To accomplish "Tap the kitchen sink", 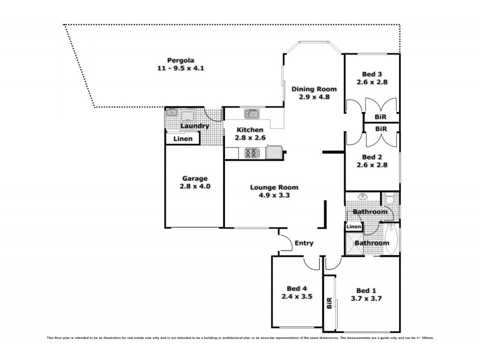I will [251, 113].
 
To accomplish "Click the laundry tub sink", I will [173, 112].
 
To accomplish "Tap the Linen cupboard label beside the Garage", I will [183, 139].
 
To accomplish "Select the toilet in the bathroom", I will [390, 199].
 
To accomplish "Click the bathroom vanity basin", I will [362, 197].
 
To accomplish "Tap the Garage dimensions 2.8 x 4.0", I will [194, 187].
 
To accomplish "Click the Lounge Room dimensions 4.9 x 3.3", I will [274, 195].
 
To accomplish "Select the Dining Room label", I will [314, 89].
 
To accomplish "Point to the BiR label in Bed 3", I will [380, 117].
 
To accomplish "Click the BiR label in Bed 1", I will [329, 304].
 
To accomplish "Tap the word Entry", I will [304, 243].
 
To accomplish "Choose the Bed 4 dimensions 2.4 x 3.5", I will [296, 296].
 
